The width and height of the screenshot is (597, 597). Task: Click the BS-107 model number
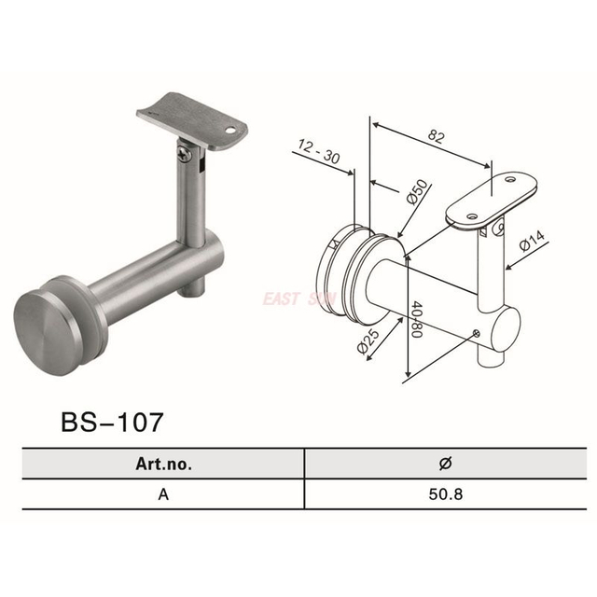(112, 421)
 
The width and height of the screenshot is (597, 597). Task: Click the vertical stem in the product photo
(189, 201)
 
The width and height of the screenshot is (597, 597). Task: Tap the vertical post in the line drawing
(487, 271)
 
